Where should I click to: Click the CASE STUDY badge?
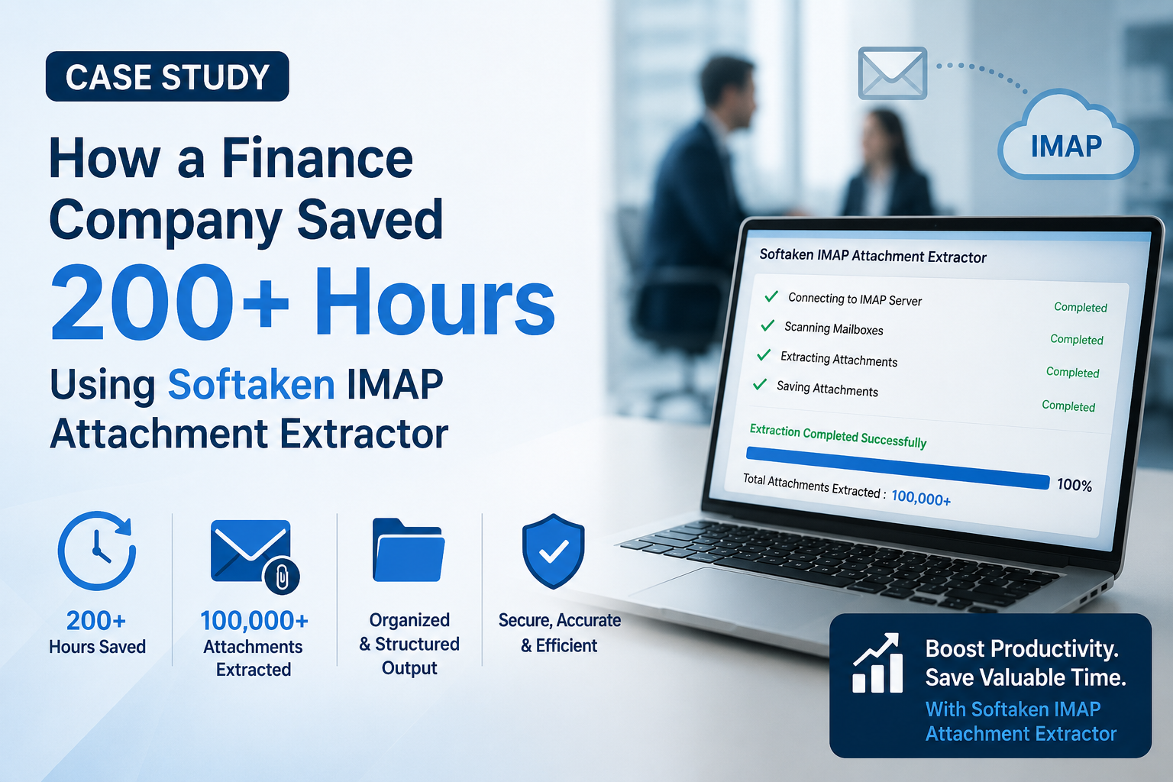[167, 76]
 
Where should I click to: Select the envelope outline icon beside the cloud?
[892, 73]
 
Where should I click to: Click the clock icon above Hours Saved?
[97, 551]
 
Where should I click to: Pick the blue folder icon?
[409, 550]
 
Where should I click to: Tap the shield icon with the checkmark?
[553, 551]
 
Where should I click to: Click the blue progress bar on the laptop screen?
[897, 467]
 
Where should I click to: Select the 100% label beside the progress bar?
[1074, 485]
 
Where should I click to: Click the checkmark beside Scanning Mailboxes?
[767, 326]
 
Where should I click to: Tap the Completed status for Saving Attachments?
[1068, 406]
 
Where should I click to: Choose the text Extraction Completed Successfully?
[838, 436]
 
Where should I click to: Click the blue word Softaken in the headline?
[250, 384]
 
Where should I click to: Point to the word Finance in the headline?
[318, 157]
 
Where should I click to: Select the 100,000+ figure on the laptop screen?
[921, 498]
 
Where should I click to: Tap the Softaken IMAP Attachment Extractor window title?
[873, 256]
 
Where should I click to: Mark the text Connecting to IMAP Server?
[855, 299]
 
